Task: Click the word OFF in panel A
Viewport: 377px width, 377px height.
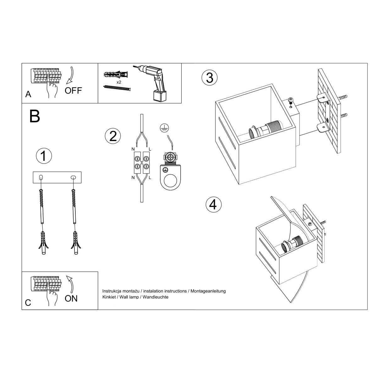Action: point(73,91)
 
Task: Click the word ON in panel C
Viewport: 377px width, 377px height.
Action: point(71,298)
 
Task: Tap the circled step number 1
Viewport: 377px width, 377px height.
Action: point(44,156)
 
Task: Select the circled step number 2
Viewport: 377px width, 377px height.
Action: point(112,136)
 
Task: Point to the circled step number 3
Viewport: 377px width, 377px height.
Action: point(210,78)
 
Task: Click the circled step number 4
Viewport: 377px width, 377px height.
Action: point(213,205)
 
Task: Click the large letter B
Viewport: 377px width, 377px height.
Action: point(35,116)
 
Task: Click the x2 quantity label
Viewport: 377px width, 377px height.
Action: point(119,82)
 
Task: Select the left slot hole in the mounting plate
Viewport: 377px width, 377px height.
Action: point(41,178)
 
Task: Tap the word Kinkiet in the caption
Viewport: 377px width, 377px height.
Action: point(109,297)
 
